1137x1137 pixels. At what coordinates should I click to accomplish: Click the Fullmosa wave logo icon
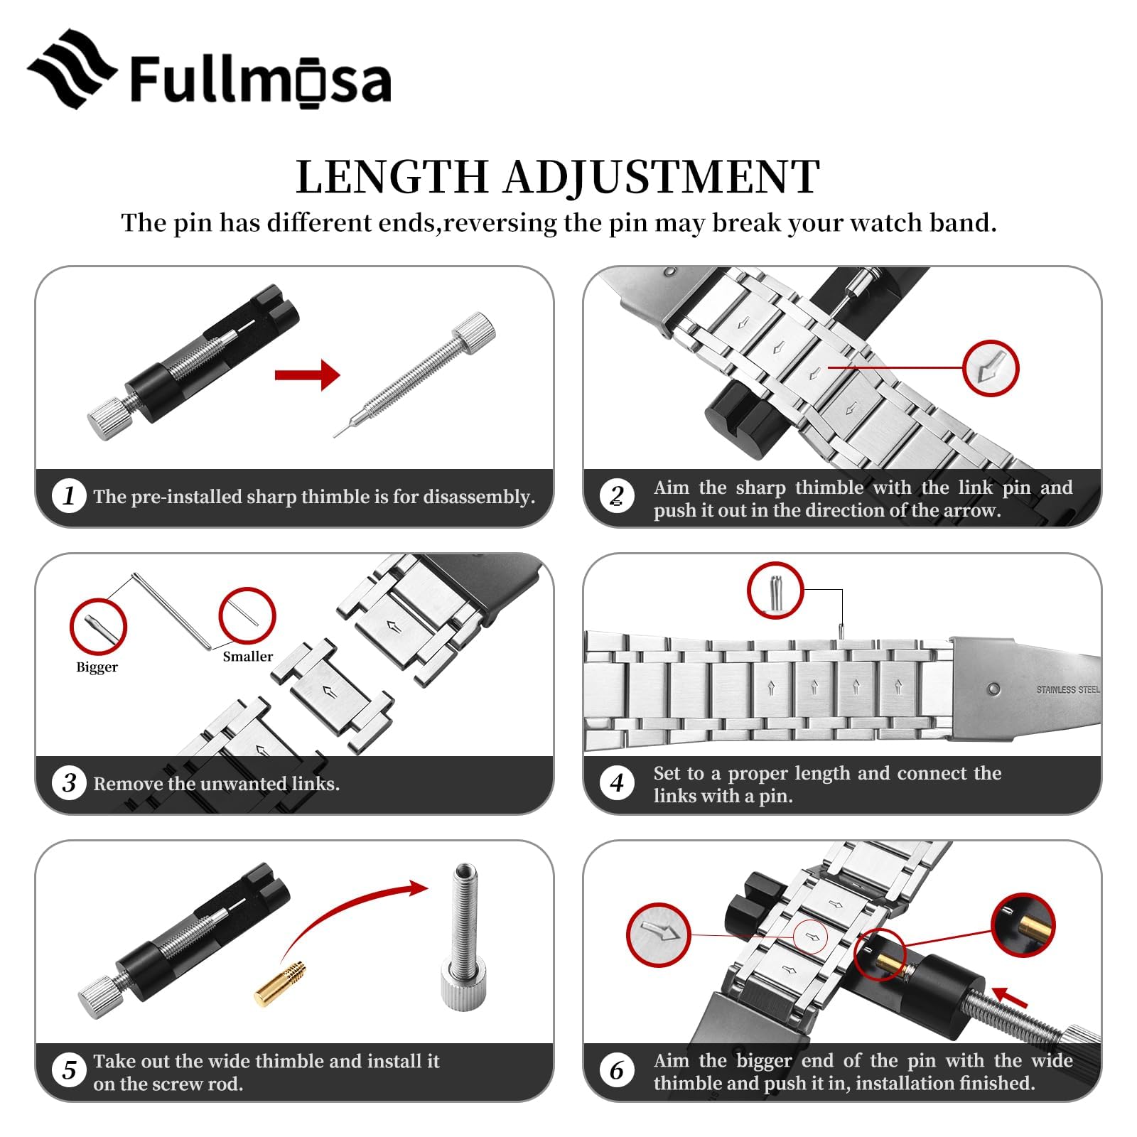coord(71,69)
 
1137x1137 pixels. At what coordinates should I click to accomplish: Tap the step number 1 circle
coord(69,495)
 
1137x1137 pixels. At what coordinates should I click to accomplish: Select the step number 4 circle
coord(617,783)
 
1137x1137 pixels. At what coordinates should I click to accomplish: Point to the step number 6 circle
coord(617,1071)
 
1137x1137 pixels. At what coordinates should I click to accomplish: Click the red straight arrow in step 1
coord(307,374)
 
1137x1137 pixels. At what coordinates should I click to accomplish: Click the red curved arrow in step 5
coord(348,917)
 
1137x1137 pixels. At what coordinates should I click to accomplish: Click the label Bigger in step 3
coord(97,667)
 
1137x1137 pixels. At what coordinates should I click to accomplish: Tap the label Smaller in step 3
coord(247,657)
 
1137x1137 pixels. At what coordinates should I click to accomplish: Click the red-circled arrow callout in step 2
coord(991,368)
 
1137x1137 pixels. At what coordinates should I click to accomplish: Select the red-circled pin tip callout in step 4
coord(775,590)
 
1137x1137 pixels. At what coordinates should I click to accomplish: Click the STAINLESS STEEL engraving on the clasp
coord(1067,689)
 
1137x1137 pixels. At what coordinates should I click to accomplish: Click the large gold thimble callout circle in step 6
coord(1023,925)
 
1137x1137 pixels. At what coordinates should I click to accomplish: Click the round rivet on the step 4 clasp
coord(993,689)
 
